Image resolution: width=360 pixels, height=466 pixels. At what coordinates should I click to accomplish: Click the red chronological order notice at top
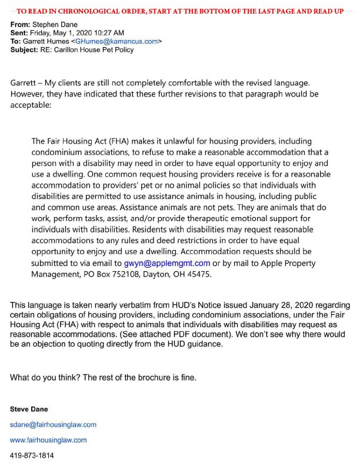[x=180, y=11]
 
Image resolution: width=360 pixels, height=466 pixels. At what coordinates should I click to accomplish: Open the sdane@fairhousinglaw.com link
[x=53, y=424]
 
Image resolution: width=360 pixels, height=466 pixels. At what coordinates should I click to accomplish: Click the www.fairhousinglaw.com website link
[x=48, y=440]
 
